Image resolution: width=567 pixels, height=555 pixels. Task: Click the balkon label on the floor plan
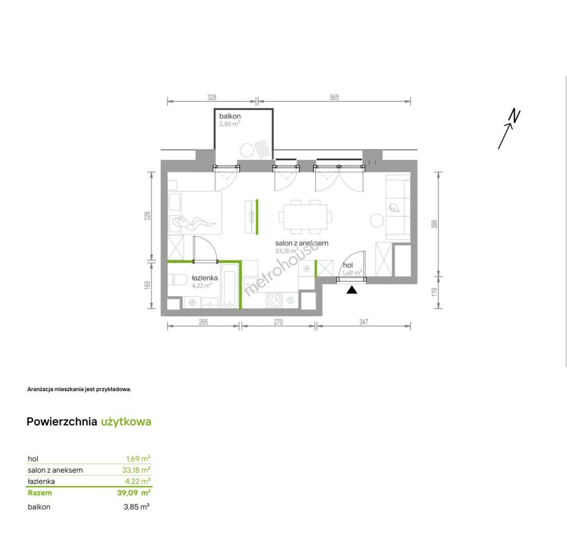(230, 116)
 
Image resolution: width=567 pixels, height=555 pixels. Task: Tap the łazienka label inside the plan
(205, 278)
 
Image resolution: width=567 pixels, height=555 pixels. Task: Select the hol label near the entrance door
(348, 265)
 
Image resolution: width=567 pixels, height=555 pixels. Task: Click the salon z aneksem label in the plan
(301, 243)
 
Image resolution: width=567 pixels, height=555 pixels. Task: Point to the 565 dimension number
(334, 97)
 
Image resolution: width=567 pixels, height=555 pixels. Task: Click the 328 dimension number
(212, 97)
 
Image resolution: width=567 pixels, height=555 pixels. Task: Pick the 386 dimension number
(434, 224)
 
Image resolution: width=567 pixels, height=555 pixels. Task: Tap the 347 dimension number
(364, 322)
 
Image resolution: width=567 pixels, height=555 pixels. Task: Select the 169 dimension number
(147, 285)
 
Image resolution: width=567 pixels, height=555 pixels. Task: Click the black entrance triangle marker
(352, 290)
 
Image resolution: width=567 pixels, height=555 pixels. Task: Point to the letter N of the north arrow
(515, 116)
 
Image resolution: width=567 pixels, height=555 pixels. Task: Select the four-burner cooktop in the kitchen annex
(274, 300)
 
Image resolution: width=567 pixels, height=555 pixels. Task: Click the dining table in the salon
(305, 217)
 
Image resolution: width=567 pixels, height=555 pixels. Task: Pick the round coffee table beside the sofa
(377, 220)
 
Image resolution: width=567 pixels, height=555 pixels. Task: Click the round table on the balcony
(247, 150)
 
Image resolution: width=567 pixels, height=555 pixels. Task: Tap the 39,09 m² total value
(134, 493)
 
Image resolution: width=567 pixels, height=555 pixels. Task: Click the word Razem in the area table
(40, 493)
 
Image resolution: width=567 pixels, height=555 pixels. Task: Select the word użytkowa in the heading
(126, 422)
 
